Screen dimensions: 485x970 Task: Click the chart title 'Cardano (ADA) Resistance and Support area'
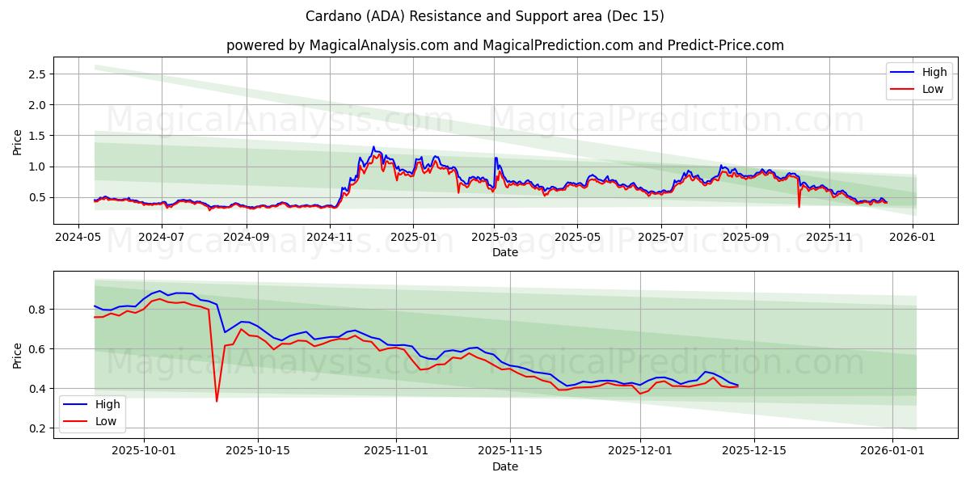[485, 16]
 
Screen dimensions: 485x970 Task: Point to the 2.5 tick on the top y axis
[37, 74]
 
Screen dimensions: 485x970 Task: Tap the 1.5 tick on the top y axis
[37, 136]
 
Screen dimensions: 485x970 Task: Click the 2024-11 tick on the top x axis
[330, 237]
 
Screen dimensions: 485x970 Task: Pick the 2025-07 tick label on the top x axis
[660, 237]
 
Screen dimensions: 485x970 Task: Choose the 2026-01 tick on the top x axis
[913, 237]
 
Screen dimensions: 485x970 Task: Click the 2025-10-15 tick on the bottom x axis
[258, 451]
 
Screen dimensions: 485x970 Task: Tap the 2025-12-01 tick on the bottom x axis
[639, 451]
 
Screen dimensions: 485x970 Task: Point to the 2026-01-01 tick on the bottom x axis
[892, 451]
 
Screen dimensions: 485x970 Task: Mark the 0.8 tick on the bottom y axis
[37, 310]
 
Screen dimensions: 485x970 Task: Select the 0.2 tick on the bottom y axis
[37, 428]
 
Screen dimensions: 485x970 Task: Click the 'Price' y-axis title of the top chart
[18, 141]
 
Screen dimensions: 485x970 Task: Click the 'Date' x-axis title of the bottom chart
[505, 466]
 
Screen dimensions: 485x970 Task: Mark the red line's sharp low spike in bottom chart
[217, 400]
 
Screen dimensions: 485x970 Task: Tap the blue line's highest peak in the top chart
[373, 147]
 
